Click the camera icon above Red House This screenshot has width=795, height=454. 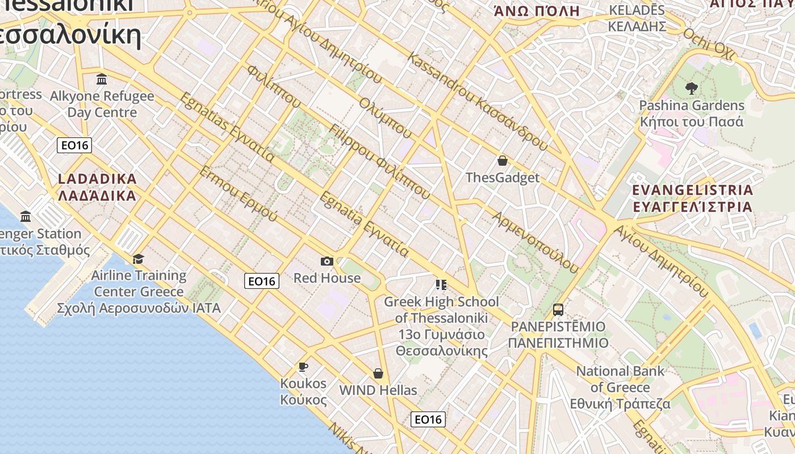(327, 261)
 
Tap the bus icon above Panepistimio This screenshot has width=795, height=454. (558, 310)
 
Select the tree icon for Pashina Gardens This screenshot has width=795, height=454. (691, 88)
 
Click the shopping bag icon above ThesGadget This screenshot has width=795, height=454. (502, 161)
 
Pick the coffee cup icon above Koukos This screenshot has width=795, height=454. (303, 367)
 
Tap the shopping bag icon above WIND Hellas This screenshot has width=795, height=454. (378, 373)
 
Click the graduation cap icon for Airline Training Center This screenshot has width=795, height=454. (138, 259)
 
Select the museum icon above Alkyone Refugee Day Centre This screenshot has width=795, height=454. (102, 79)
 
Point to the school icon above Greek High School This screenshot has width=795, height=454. (441, 284)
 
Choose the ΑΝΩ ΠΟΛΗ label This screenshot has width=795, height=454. (537, 11)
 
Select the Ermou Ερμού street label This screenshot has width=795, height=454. (238, 194)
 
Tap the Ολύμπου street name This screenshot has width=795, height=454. (385, 117)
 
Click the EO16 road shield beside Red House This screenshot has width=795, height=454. (262, 281)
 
